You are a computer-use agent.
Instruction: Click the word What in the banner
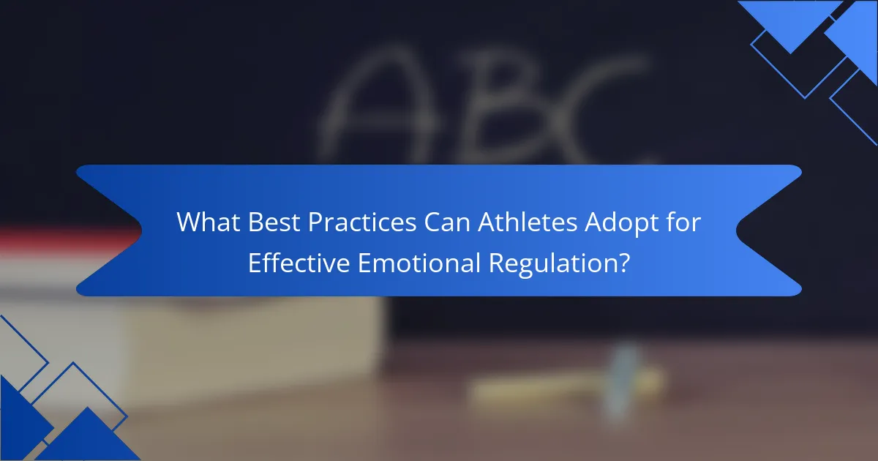tap(208, 222)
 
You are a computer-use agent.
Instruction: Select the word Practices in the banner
tap(361, 222)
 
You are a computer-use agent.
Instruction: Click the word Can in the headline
tap(447, 222)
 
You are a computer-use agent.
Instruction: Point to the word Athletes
tap(528, 222)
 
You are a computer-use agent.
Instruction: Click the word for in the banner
tap(683, 222)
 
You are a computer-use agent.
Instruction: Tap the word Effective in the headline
tap(299, 262)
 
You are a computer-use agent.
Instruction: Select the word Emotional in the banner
tap(419, 262)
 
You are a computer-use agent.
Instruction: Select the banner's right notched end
tap(769, 230)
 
